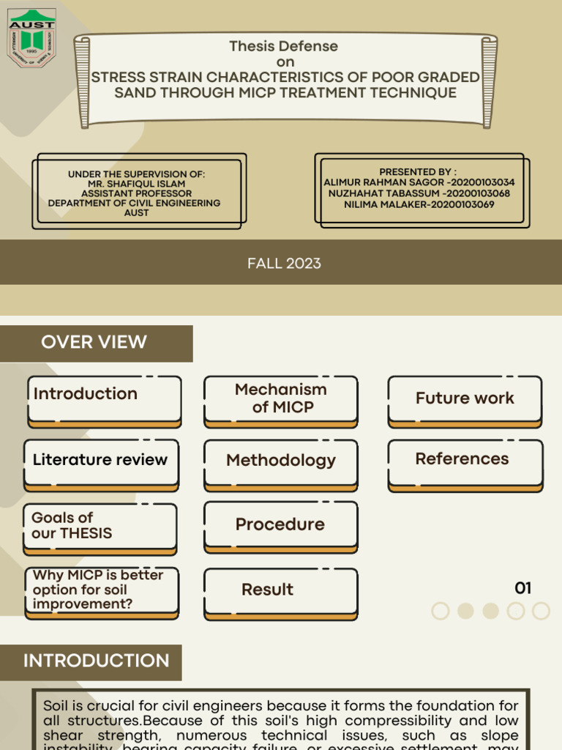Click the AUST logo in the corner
(x=31, y=39)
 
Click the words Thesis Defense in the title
(x=283, y=46)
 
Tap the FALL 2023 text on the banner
(x=284, y=264)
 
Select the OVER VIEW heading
(x=94, y=342)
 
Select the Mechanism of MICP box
(x=281, y=399)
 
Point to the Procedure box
(x=281, y=525)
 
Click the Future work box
(x=465, y=399)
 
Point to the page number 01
(x=522, y=588)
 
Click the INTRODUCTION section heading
(x=96, y=661)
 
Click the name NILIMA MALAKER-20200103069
(x=419, y=204)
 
